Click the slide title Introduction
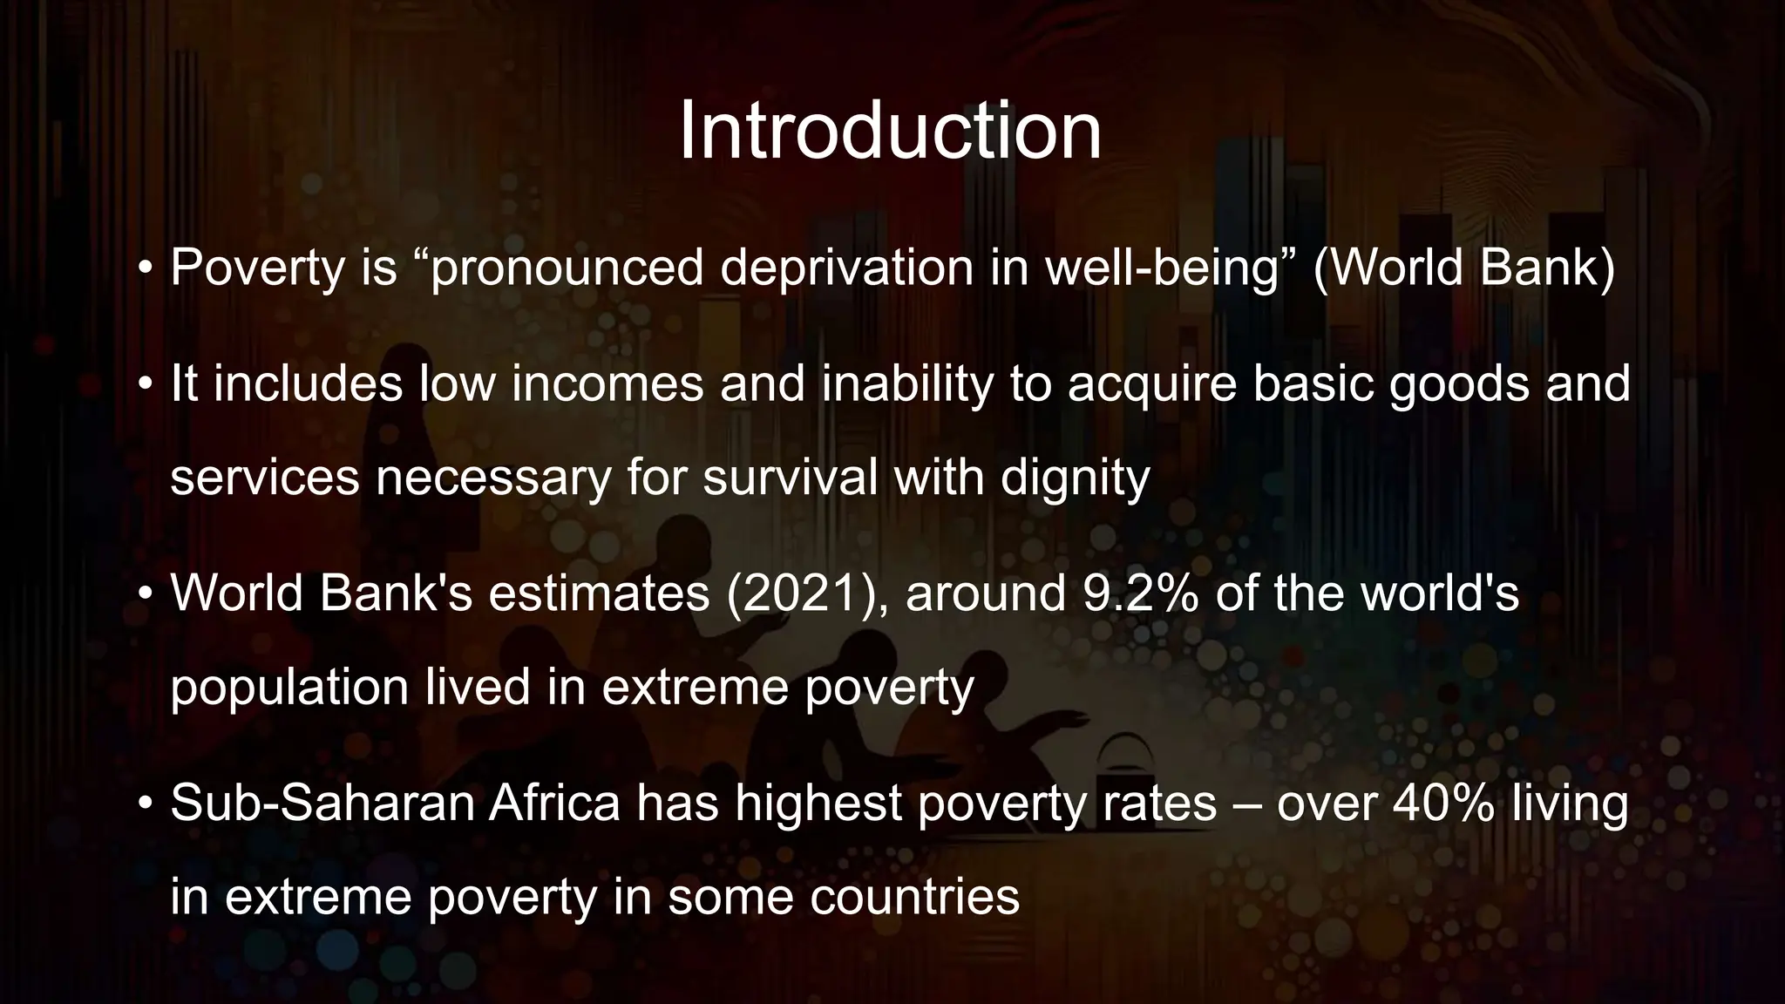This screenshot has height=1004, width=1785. coord(890,132)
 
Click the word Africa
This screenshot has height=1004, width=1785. coord(554,803)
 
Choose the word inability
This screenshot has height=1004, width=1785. coord(907,384)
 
